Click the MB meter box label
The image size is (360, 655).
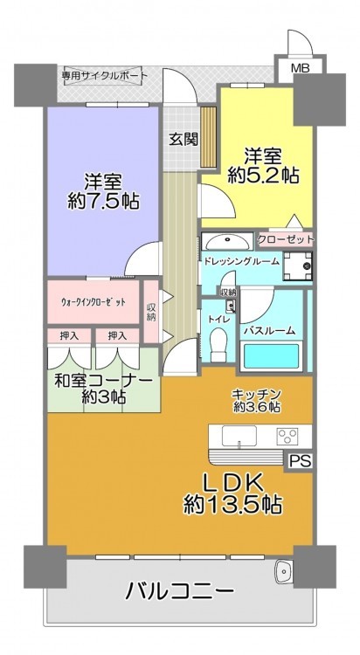[x=300, y=68]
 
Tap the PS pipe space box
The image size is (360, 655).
[x=300, y=461]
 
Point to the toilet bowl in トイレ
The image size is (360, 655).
[x=218, y=345]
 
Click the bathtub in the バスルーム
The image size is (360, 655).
[x=272, y=355]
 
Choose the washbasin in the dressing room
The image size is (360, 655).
[x=227, y=241]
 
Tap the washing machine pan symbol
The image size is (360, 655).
[x=298, y=265]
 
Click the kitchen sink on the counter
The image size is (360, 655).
[x=239, y=436]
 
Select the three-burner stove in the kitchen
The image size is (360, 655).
[x=287, y=436]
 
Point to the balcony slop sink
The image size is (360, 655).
[x=283, y=572]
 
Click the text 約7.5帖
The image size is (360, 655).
[x=104, y=202]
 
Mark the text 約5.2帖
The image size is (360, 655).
[x=263, y=176]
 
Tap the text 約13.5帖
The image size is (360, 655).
[x=232, y=506]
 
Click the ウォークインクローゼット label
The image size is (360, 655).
[x=93, y=302]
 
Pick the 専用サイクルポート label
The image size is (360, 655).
[x=105, y=76]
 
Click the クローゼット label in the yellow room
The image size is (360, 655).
[x=285, y=239]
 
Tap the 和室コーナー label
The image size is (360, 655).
[x=103, y=382]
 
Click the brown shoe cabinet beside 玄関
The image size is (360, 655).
[x=208, y=136]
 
